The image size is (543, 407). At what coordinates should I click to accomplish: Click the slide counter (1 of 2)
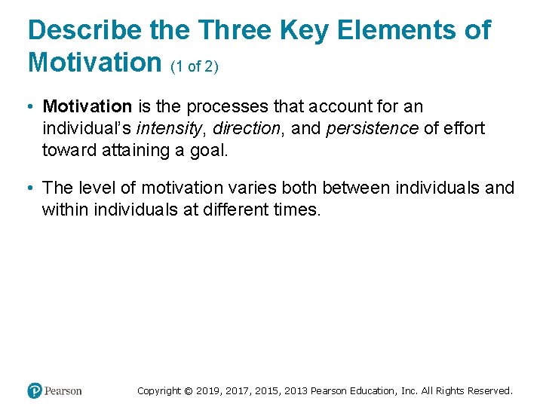click(195, 66)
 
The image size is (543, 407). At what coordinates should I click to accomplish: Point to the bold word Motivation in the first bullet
click(87, 107)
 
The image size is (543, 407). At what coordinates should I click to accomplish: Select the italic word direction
click(247, 128)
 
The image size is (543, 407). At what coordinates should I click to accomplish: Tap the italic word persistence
click(372, 128)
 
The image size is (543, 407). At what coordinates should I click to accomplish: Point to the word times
click(298, 209)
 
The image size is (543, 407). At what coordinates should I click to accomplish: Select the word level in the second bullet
click(97, 188)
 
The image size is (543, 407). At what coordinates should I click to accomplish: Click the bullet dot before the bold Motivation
click(32, 107)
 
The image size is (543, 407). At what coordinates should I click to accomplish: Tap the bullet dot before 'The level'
click(32, 188)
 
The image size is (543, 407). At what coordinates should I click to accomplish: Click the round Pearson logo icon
click(35, 390)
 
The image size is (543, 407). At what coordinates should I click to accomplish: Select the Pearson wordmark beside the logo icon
click(63, 391)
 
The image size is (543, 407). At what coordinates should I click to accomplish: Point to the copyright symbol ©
click(189, 391)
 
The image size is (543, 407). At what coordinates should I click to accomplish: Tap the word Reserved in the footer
click(489, 391)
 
